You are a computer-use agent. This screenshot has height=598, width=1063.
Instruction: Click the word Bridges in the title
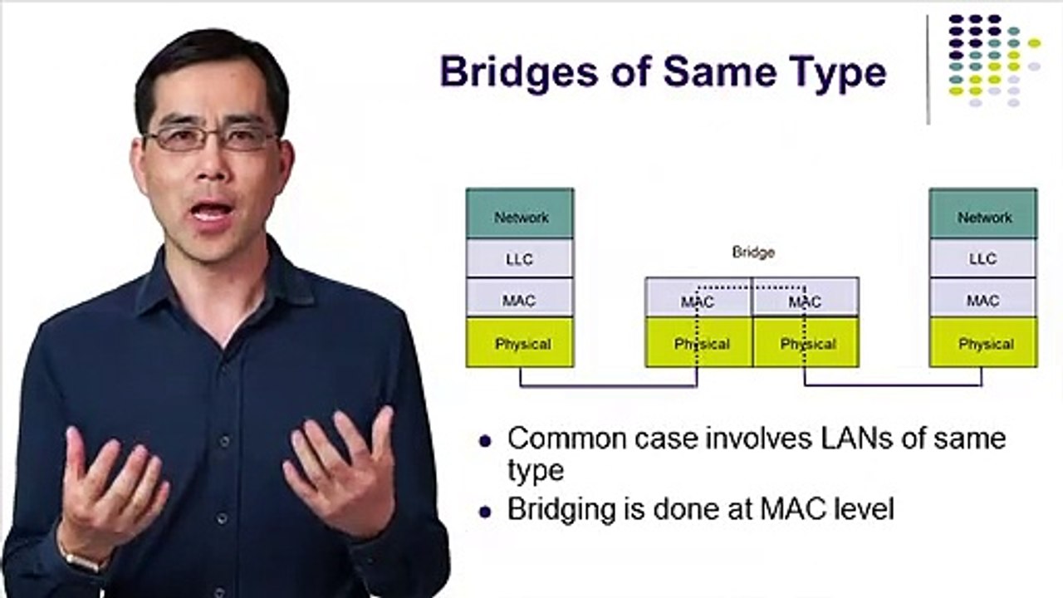point(519,73)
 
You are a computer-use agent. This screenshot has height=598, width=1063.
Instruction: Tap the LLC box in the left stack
point(520,258)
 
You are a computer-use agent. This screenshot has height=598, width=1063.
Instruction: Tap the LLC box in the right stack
point(983,258)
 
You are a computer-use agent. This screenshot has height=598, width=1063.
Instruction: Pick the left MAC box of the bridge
point(698,297)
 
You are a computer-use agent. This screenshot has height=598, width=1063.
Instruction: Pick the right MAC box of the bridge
point(806,297)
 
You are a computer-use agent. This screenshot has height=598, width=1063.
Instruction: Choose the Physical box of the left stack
point(520,343)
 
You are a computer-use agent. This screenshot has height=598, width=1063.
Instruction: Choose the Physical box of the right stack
point(983,343)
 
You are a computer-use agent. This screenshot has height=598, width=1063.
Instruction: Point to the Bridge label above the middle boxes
point(753,252)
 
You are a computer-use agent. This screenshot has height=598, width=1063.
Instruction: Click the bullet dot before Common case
point(485,442)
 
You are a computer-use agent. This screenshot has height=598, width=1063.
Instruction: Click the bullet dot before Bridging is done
point(485,512)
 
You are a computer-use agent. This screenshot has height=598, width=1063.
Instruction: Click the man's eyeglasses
point(211,139)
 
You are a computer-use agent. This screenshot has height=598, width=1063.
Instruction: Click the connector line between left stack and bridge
point(609,386)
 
